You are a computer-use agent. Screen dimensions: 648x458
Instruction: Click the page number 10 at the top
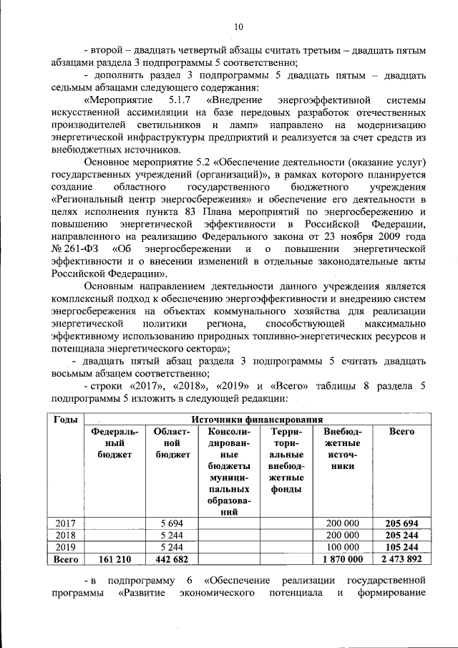[238, 26]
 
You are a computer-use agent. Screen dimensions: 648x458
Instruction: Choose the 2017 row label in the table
[65, 523]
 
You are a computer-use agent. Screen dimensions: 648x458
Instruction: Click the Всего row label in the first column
[65, 558]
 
